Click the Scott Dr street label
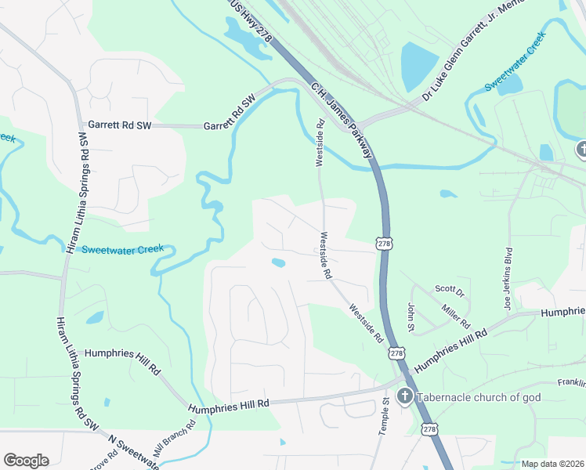click(450, 292)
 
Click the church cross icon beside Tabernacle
click(404, 396)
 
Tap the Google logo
click(26, 461)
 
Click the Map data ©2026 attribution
click(552, 464)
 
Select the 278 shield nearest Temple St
click(397, 354)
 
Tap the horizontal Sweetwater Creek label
click(123, 249)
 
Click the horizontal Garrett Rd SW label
click(119, 125)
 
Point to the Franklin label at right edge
click(572, 383)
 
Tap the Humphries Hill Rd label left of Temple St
click(229, 403)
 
